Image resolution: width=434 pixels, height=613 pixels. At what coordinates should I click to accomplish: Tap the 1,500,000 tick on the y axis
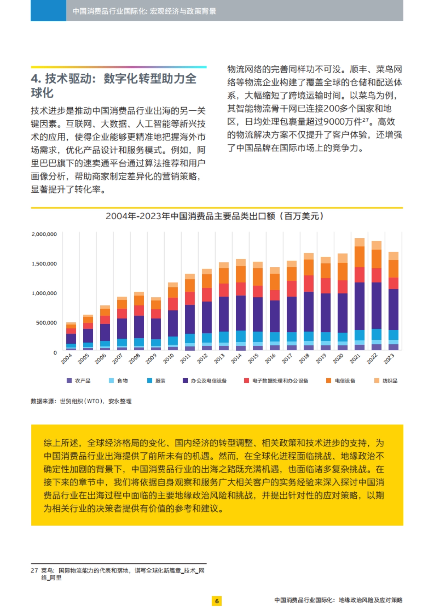coord(44,264)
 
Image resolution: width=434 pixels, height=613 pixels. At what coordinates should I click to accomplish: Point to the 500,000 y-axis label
coord(46,323)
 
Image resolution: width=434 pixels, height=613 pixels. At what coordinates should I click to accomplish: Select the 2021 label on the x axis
coord(356,358)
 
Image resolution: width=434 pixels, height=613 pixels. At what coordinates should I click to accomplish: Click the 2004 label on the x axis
coord(67,358)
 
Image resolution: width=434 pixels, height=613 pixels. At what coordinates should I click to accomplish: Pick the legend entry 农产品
coord(79,381)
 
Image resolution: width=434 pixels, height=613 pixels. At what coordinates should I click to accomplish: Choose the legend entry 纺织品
coord(386,381)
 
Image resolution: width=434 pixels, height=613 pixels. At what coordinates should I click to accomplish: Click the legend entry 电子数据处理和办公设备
coord(276,381)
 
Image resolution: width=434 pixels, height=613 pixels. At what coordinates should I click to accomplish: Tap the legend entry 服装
coord(156,381)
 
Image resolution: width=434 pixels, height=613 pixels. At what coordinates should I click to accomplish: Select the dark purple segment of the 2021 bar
coord(359,306)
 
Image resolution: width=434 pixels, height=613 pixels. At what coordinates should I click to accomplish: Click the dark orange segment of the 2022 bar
coord(376,259)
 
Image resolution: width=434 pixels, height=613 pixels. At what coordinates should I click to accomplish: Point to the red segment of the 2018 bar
coord(309,283)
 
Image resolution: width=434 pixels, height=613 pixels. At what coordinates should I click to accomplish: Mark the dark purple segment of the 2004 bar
coord(71,339)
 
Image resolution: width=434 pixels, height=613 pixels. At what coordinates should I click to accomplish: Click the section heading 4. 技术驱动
coord(114,86)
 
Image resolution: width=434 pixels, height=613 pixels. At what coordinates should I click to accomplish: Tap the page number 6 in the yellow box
coord(217,601)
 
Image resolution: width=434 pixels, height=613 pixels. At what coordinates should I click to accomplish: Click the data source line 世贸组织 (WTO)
coord(81,401)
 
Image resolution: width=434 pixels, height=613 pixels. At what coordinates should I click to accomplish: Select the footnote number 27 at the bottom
coord(34,570)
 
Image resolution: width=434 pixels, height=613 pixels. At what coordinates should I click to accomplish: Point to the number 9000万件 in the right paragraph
coord(342,122)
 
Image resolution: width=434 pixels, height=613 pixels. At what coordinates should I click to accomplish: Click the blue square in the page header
coord(48,10)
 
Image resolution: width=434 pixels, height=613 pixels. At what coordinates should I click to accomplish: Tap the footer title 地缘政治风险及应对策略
coord(370,600)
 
